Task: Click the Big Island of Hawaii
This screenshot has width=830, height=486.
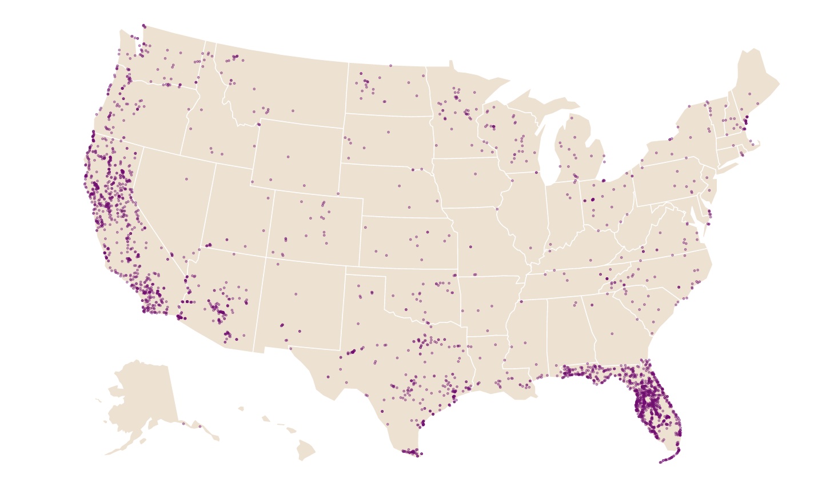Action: pyautogui.click(x=305, y=450)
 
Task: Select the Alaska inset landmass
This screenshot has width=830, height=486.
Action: pyautogui.click(x=143, y=395)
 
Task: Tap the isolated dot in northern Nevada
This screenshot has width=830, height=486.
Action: pyautogui.click(x=186, y=179)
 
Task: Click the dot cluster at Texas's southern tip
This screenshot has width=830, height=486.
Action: pyautogui.click(x=411, y=452)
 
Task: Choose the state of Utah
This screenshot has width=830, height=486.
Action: pyautogui.click(x=237, y=212)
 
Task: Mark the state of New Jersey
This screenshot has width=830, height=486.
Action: pyautogui.click(x=709, y=189)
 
